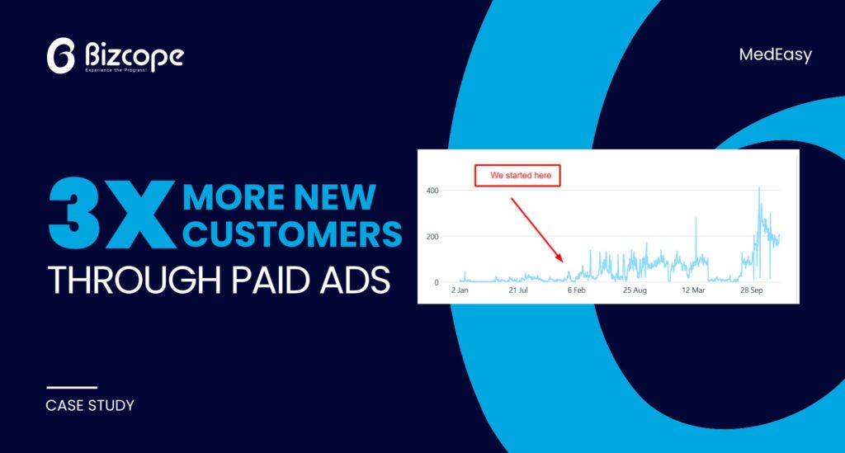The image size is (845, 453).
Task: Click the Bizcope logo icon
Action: pyautogui.click(x=60, y=55)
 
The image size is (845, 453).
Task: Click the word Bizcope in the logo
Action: pyautogui.click(x=135, y=54)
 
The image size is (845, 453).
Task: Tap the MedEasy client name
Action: pyautogui.click(x=775, y=55)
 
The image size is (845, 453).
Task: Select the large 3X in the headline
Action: pyautogui.click(x=111, y=214)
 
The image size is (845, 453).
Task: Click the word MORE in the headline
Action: pyautogui.click(x=234, y=197)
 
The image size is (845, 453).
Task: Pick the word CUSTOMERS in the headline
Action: pyautogui.click(x=293, y=234)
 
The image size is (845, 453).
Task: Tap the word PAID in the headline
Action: pyautogui.click(x=271, y=280)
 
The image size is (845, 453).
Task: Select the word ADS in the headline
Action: pyautogui.click(x=355, y=280)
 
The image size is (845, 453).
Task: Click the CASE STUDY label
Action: pyautogui.click(x=90, y=406)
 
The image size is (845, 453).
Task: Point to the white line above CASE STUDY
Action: pyautogui.click(x=72, y=387)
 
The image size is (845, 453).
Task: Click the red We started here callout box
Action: pyautogui.click(x=517, y=176)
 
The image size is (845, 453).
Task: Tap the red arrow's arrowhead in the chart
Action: pyautogui.click(x=560, y=258)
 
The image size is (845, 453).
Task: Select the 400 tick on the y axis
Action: pyautogui.click(x=432, y=191)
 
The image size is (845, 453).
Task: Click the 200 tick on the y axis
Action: pyautogui.click(x=432, y=237)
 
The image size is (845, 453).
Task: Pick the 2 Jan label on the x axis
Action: pyautogui.click(x=460, y=290)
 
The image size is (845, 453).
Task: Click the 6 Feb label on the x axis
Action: pyautogui.click(x=576, y=290)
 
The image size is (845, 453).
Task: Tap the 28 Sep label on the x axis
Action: pyautogui.click(x=751, y=290)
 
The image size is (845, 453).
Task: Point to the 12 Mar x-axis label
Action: pyautogui.click(x=693, y=290)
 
